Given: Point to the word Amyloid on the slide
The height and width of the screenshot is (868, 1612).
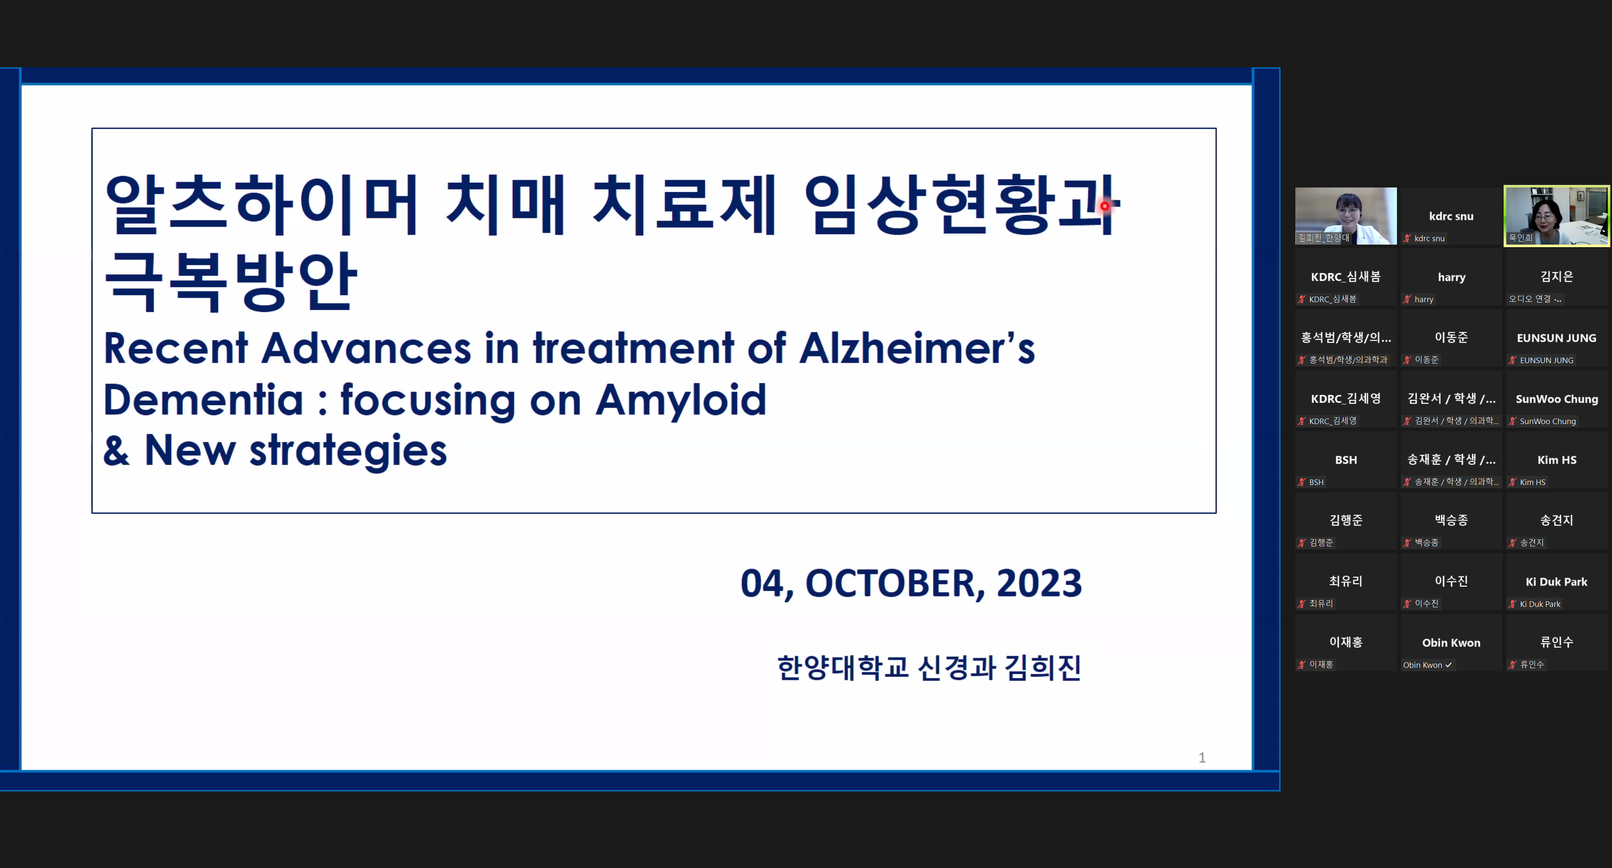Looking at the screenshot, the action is [681, 400].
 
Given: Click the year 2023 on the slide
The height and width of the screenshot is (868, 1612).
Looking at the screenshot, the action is [1039, 583].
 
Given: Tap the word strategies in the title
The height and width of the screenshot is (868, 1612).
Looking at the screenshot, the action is [348, 451].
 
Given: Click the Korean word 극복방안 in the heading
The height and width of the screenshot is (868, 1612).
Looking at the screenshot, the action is [231, 281].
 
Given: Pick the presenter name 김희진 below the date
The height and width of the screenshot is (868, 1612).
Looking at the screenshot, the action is [1043, 667].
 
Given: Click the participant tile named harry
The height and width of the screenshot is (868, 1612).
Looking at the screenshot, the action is [1451, 277].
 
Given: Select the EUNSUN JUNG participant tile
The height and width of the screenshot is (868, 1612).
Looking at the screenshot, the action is [1556, 338].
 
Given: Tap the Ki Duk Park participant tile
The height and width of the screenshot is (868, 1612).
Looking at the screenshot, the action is [1556, 582].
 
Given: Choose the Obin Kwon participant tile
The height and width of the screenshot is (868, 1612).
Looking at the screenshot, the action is [1451, 643].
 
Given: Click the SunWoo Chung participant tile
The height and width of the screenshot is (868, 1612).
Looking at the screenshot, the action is [1556, 399].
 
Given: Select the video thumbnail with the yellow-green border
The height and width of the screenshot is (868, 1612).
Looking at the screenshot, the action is [1556, 216].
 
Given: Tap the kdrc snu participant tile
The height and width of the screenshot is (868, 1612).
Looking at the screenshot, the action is [1451, 216].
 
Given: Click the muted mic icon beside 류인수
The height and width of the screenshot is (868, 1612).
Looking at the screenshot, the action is [1513, 664].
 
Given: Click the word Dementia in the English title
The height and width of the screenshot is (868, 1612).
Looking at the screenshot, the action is [203, 400].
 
